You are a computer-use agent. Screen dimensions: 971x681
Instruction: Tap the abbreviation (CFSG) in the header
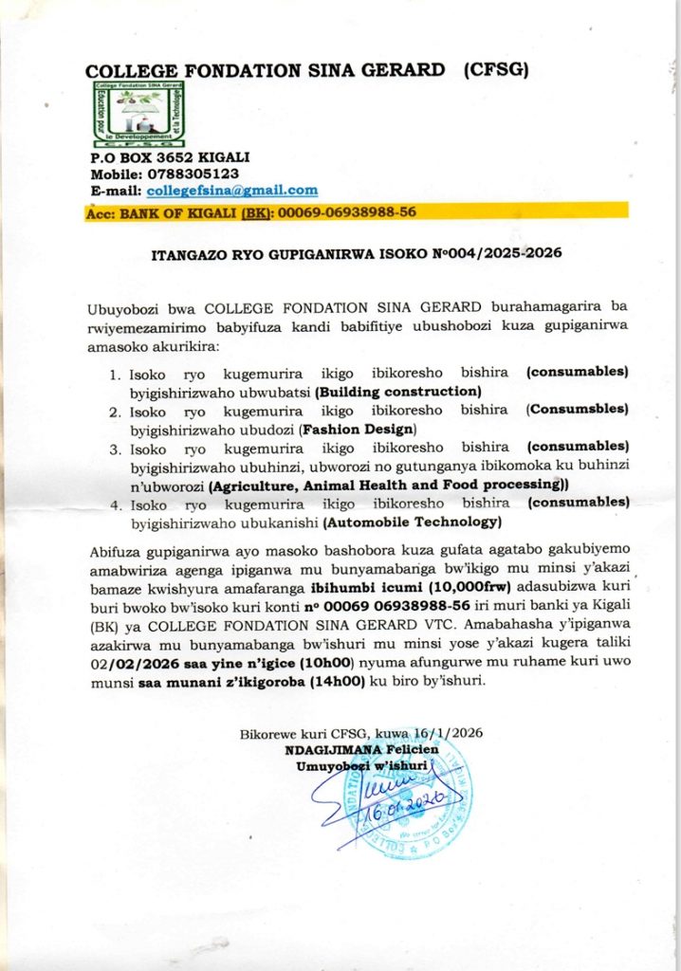pyautogui.click(x=493, y=70)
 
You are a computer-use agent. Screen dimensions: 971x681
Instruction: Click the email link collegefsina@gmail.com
pyautogui.click(x=232, y=190)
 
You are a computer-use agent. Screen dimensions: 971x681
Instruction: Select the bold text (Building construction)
pyautogui.click(x=399, y=391)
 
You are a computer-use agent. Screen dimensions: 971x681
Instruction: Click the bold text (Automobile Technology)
pyautogui.click(x=412, y=521)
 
